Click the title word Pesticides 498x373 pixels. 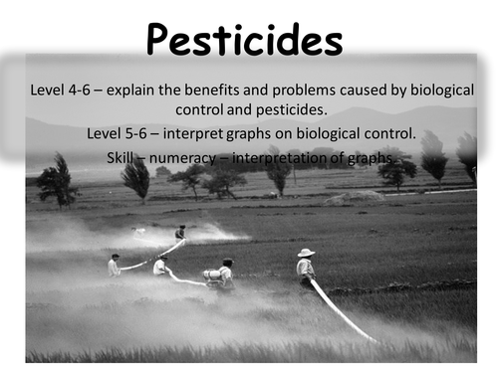245,41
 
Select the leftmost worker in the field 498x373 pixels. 114,266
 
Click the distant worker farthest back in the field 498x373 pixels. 180,233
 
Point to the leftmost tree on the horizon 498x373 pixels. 56,181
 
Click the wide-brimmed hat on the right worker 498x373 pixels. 306,253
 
